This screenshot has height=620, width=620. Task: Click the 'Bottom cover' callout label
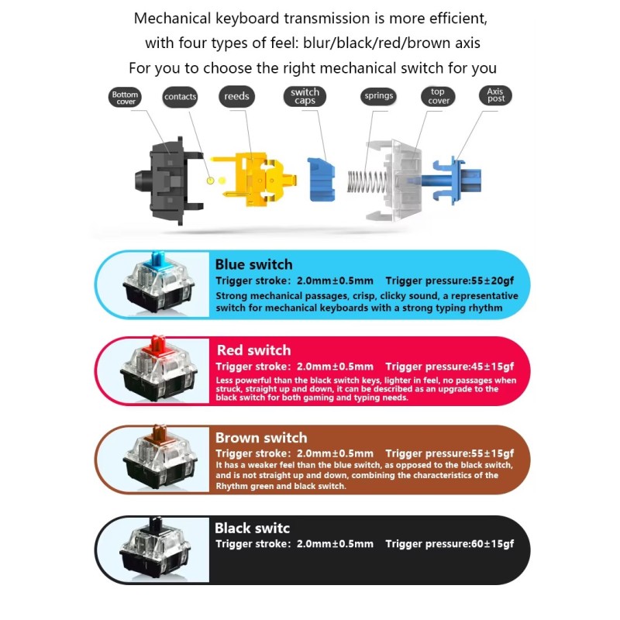[x=125, y=98]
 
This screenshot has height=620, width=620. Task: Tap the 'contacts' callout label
[x=180, y=97]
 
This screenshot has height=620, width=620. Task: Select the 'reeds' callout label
[x=236, y=96]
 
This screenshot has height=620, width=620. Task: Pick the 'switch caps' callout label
[x=305, y=96]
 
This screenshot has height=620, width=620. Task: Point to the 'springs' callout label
[x=378, y=96]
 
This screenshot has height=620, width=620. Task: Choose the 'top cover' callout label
[x=438, y=96]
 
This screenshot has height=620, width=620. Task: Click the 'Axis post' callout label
[x=495, y=95]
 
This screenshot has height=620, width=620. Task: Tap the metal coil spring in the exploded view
[x=366, y=181]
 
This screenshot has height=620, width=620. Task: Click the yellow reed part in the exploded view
[x=253, y=180]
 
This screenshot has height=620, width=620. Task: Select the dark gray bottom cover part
[x=168, y=181]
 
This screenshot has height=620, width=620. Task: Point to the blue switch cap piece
[x=321, y=180]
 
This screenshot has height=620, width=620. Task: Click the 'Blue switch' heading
[x=254, y=264]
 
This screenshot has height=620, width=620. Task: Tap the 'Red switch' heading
[x=254, y=350]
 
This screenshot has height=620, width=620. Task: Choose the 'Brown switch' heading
[x=261, y=438]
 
